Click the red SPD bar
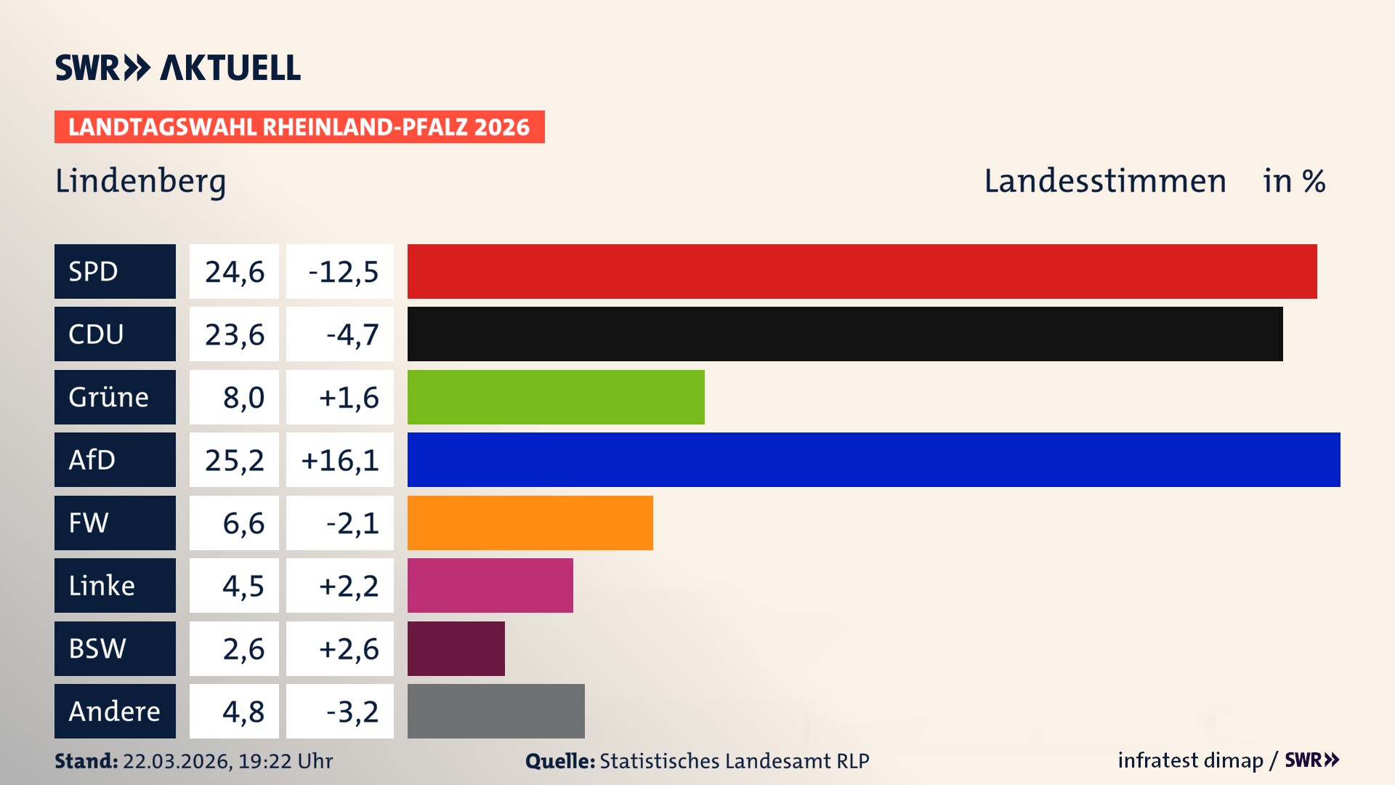pyautogui.click(x=862, y=271)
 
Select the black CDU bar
pyautogui.click(x=844, y=334)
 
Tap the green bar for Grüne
pyautogui.click(x=556, y=397)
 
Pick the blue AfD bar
pyautogui.click(x=873, y=459)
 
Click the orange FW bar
pyautogui.click(x=530, y=523)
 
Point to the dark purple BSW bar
pyautogui.click(x=456, y=648)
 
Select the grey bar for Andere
pyautogui.click(x=496, y=711)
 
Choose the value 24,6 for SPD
pyautogui.click(x=234, y=272)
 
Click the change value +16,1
pyautogui.click(x=339, y=460)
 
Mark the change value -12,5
pyautogui.click(x=343, y=272)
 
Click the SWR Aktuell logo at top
pyautogui.click(x=177, y=68)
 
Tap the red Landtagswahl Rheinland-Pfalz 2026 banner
pyautogui.click(x=299, y=127)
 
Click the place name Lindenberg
pyautogui.click(x=140, y=181)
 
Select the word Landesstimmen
pyautogui.click(x=1104, y=181)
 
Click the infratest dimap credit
pyautogui.click(x=1189, y=760)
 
